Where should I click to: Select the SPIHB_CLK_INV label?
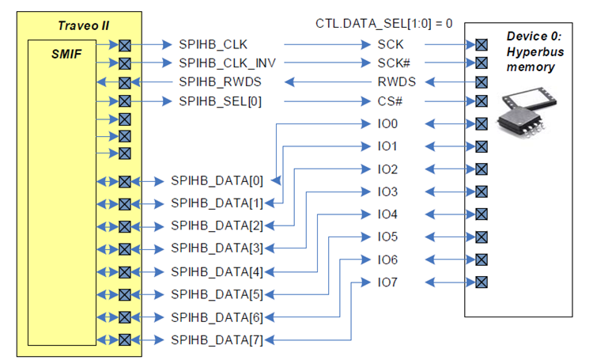click(x=227, y=62)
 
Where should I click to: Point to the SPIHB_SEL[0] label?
click(x=220, y=101)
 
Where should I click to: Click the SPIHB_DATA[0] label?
click(x=217, y=180)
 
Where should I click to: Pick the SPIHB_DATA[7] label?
click(x=217, y=340)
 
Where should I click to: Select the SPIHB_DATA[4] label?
click(x=217, y=272)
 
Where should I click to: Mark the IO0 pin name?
click(x=387, y=123)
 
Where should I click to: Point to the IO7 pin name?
click(x=387, y=282)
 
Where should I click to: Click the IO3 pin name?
click(x=387, y=191)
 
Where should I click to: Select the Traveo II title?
click(x=82, y=25)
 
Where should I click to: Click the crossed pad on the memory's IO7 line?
click(x=482, y=282)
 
